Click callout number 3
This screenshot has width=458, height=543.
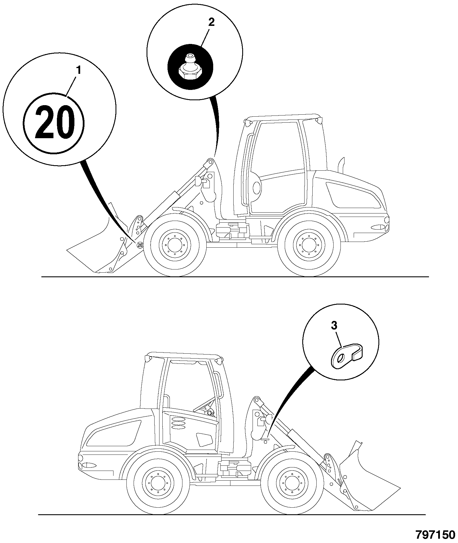pyautogui.click(x=334, y=326)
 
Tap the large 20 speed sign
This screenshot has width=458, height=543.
pyautogui.click(x=54, y=122)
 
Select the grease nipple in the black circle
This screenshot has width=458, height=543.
pyautogui.click(x=190, y=67)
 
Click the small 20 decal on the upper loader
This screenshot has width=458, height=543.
pyautogui.click(x=140, y=245)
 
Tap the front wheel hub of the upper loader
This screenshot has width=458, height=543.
pyautogui.click(x=175, y=245)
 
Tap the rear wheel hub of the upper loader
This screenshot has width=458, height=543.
pyautogui.click(x=309, y=245)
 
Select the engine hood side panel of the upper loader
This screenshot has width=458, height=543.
pyautogui.click(x=353, y=195)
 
